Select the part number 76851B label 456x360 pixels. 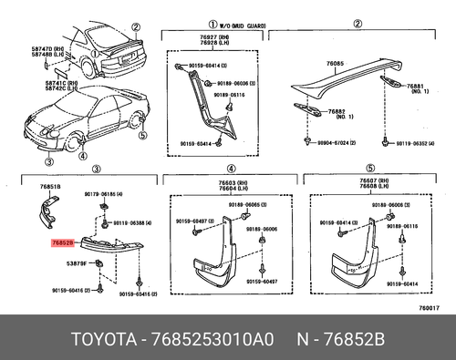coord(49,187)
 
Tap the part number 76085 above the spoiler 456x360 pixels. coord(336,63)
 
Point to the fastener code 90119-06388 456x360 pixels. coord(133,222)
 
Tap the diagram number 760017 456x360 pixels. coord(432,309)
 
